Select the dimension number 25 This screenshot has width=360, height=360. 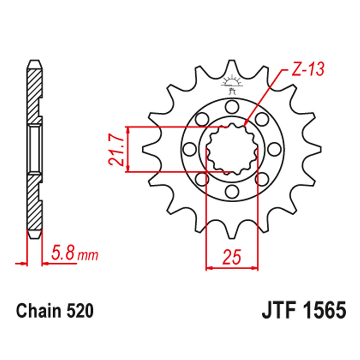pyautogui.click(x=231, y=257)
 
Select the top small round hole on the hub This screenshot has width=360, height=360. pyautogui.click(x=231, y=107)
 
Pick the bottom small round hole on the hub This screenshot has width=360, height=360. pyautogui.click(x=231, y=190)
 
